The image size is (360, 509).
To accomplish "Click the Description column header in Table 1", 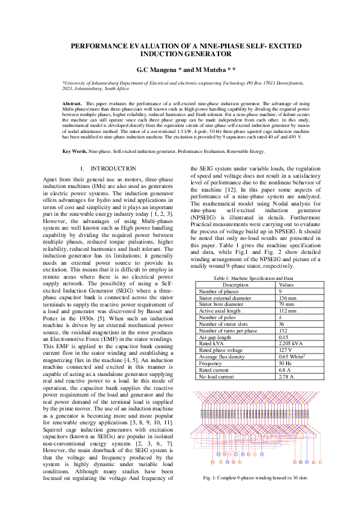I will [235, 284].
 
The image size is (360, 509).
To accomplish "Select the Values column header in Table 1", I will [286, 284].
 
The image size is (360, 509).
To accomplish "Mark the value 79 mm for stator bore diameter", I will [285, 304].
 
